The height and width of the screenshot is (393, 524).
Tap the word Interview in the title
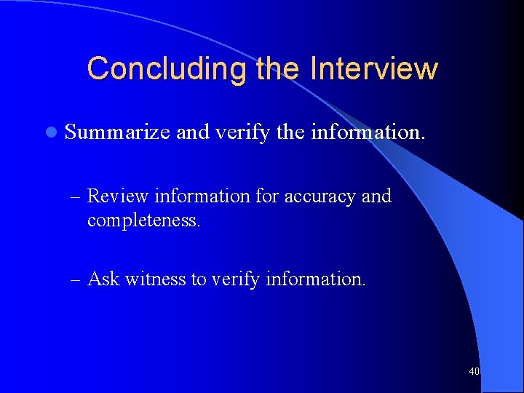[x=373, y=69]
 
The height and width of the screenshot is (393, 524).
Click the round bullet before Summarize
[x=49, y=132]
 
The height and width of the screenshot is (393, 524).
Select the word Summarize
[x=117, y=132]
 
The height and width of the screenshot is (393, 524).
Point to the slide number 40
[x=475, y=372]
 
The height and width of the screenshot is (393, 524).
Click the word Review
[x=118, y=196]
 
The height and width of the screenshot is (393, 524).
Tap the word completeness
[x=143, y=219]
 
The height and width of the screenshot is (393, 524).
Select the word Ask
[x=103, y=279]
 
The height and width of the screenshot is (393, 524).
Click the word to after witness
[x=199, y=279]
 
